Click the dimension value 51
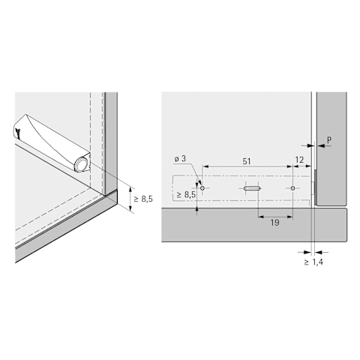pyautogui.click(x=247, y=161)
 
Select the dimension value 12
pyautogui.click(x=299, y=160)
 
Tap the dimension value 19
pyautogui.click(x=274, y=223)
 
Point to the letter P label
pyautogui.click(x=329, y=140)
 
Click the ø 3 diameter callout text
pyautogui.click(x=180, y=159)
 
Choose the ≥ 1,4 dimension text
pyautogui.click(x=313, y=262)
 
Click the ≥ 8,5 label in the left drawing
pyautogui.click(x=143, y=199)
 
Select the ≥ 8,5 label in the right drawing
pyautogui.click(x=186, y=195)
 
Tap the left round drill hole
pyautogui.click(x=202, y=188)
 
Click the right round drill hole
pyautogui.click(x=292, y=188)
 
